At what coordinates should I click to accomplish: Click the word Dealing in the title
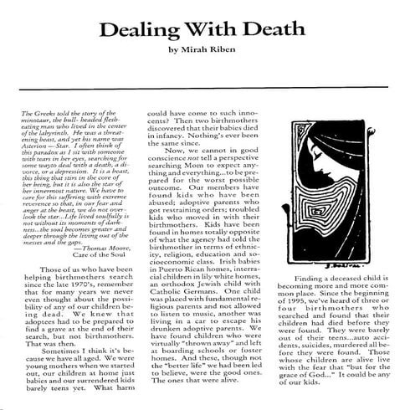coord(137,29)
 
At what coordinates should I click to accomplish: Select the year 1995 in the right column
coord(331,278)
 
